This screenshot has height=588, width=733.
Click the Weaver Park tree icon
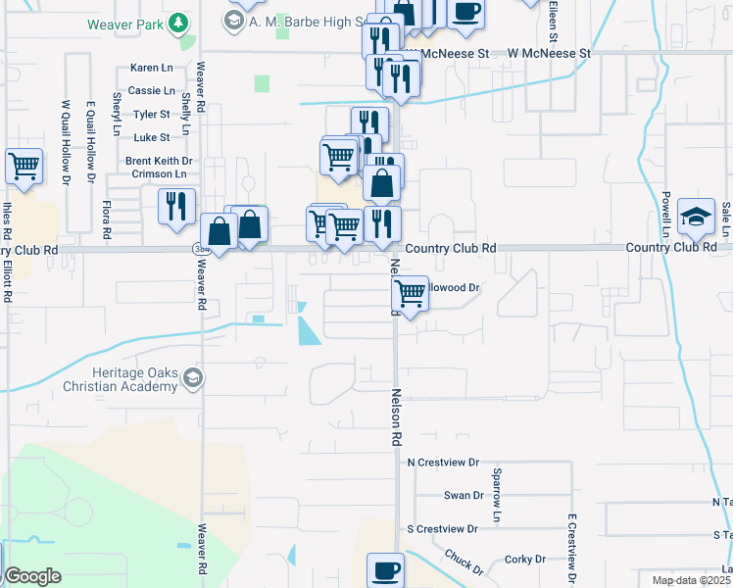177,22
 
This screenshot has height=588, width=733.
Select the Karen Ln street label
151,69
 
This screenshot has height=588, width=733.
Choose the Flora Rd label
106,220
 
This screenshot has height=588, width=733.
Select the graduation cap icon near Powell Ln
696,216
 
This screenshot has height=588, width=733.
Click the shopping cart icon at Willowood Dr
411,292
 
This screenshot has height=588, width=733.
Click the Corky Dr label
525,560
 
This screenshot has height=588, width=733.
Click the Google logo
32,576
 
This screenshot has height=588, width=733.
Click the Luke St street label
151,137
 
